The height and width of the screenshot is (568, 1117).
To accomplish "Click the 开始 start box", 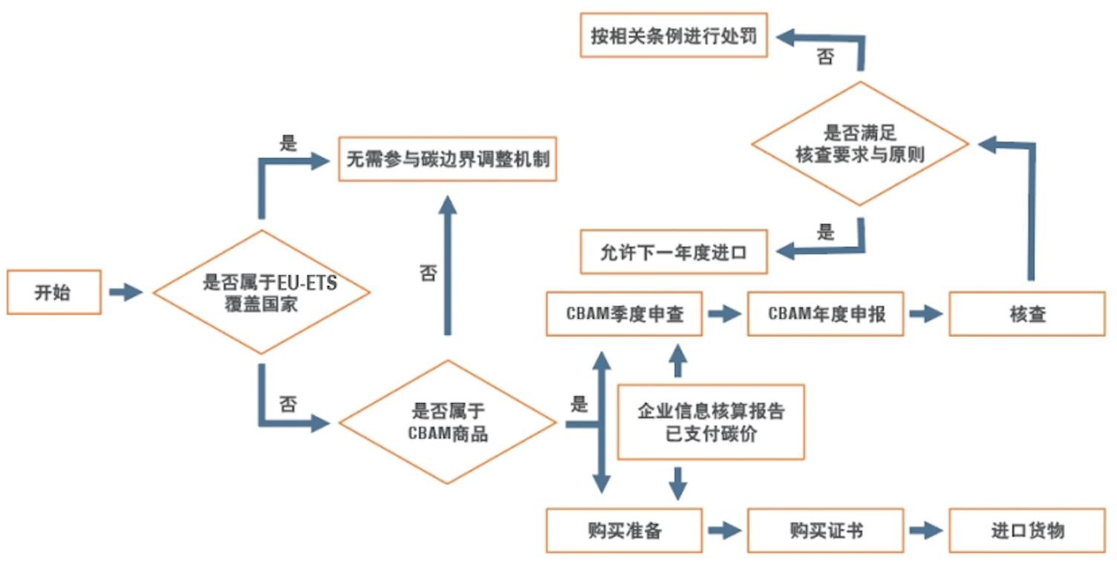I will (53, 293).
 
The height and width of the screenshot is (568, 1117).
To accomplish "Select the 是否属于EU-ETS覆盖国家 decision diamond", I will (261, 293).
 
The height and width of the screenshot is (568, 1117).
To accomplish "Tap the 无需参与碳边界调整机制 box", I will (447, 158).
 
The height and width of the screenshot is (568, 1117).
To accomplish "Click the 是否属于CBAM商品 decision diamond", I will (448, 422).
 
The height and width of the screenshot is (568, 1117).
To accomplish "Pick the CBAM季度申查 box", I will (624, 314).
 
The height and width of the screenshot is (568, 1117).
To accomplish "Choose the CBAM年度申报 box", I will (826, 314).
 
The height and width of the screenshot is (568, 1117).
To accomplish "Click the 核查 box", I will (1027, 314).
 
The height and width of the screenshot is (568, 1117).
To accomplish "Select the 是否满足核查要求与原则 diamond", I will (860, 144).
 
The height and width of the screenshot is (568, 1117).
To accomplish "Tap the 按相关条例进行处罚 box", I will (673, 36).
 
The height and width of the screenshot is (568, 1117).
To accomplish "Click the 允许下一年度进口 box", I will (673, 252).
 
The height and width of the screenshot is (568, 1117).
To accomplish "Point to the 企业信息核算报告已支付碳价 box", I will (711, 422).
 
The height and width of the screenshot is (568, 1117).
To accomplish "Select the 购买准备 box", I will (624, 530).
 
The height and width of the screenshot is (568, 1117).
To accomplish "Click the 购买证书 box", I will (826, 530).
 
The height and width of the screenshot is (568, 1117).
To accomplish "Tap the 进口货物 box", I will (1027, 530).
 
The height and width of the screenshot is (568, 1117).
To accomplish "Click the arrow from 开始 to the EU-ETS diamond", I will (125, 293).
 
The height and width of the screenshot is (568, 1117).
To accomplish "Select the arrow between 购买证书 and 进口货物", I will (926, 530).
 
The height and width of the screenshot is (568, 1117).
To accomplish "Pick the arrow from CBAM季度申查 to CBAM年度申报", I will (724, 314).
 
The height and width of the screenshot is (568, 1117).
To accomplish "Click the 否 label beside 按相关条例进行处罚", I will (825, 57).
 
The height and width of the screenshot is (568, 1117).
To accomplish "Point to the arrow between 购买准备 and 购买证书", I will (724, 530).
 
